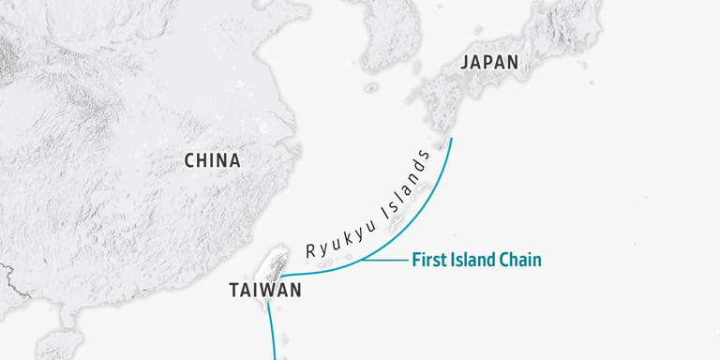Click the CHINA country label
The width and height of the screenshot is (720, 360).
[x=212, y=160]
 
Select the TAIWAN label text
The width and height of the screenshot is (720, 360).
[x=265, y=291]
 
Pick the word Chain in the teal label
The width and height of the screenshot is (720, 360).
[x=518, y=260]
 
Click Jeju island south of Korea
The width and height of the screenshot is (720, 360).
[x=372, y=88]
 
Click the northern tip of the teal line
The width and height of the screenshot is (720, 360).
[x=451, y=139]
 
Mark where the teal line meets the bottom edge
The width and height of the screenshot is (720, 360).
[x=274, y=358]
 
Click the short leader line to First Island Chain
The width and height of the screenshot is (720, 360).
[x=386, y=260]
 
